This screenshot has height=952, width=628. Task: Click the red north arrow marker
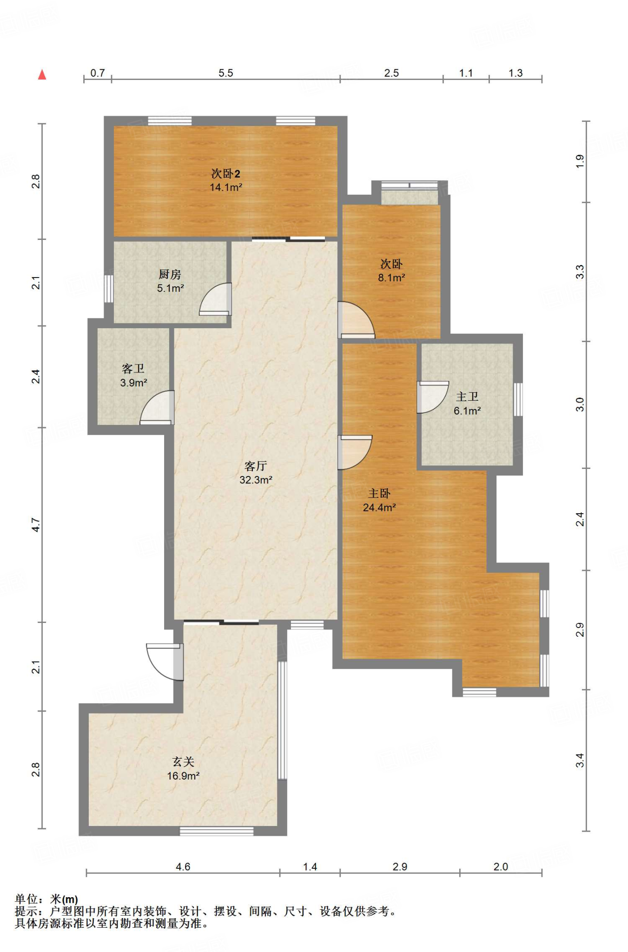click(42, 74)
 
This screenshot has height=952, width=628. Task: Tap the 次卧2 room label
click(225, 174)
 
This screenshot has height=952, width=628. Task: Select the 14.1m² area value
click(226, 187)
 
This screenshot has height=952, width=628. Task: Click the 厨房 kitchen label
click(170, 274)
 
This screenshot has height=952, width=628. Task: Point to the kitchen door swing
click(215, 300)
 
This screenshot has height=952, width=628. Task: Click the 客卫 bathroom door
click(158, 408)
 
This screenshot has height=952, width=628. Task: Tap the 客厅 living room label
click(256, 466)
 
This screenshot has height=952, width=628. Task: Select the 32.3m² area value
click(256, 480)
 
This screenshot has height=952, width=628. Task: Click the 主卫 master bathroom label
click(467, 397)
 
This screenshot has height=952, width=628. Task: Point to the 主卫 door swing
click(433, 397)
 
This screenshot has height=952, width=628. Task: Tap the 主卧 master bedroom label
click(379, 493)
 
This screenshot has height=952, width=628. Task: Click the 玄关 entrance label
click(183, 762)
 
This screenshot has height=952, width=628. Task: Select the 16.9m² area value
click(183, 776)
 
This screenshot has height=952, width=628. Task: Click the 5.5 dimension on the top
click(226, 73)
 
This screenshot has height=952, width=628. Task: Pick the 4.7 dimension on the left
click(36, 525)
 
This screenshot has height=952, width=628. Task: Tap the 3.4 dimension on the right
click(580, 761)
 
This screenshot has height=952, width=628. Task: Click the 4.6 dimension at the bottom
click(183, 866)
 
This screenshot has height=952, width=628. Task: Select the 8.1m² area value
click(391, 278)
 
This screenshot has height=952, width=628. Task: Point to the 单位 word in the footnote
click(26, 899)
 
